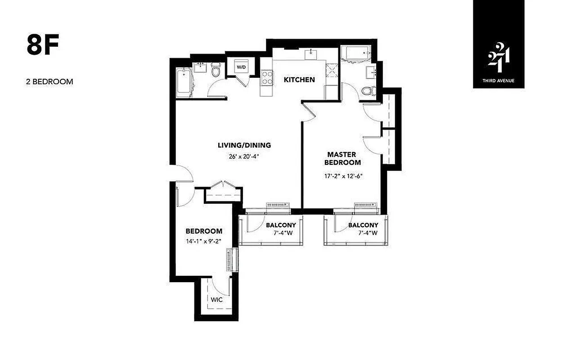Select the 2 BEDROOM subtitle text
[49, 82]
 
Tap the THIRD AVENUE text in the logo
[499, 81]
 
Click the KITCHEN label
[299, 80]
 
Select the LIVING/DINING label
[244, 145]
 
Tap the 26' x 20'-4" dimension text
[244, 157]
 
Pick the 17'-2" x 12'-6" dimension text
[343, 176]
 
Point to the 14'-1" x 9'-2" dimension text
[203, 241]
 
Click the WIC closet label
[216, 300]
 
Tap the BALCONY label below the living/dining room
[281, 225]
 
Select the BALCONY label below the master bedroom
[363, 225]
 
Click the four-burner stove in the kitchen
[266, 78]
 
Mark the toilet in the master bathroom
[368, 91]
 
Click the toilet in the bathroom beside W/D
[216, 71]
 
